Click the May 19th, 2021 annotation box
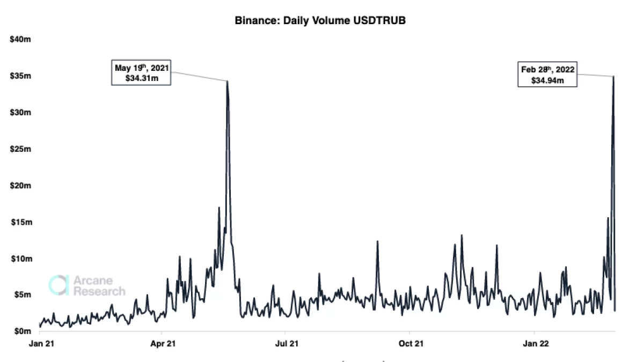click(x=141, y=73)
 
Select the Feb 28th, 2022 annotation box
click(x=548, y=75)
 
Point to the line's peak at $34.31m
click(x=228, y=81)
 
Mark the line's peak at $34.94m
click(x=613, y=76)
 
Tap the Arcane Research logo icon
click(x=58, y=285)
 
